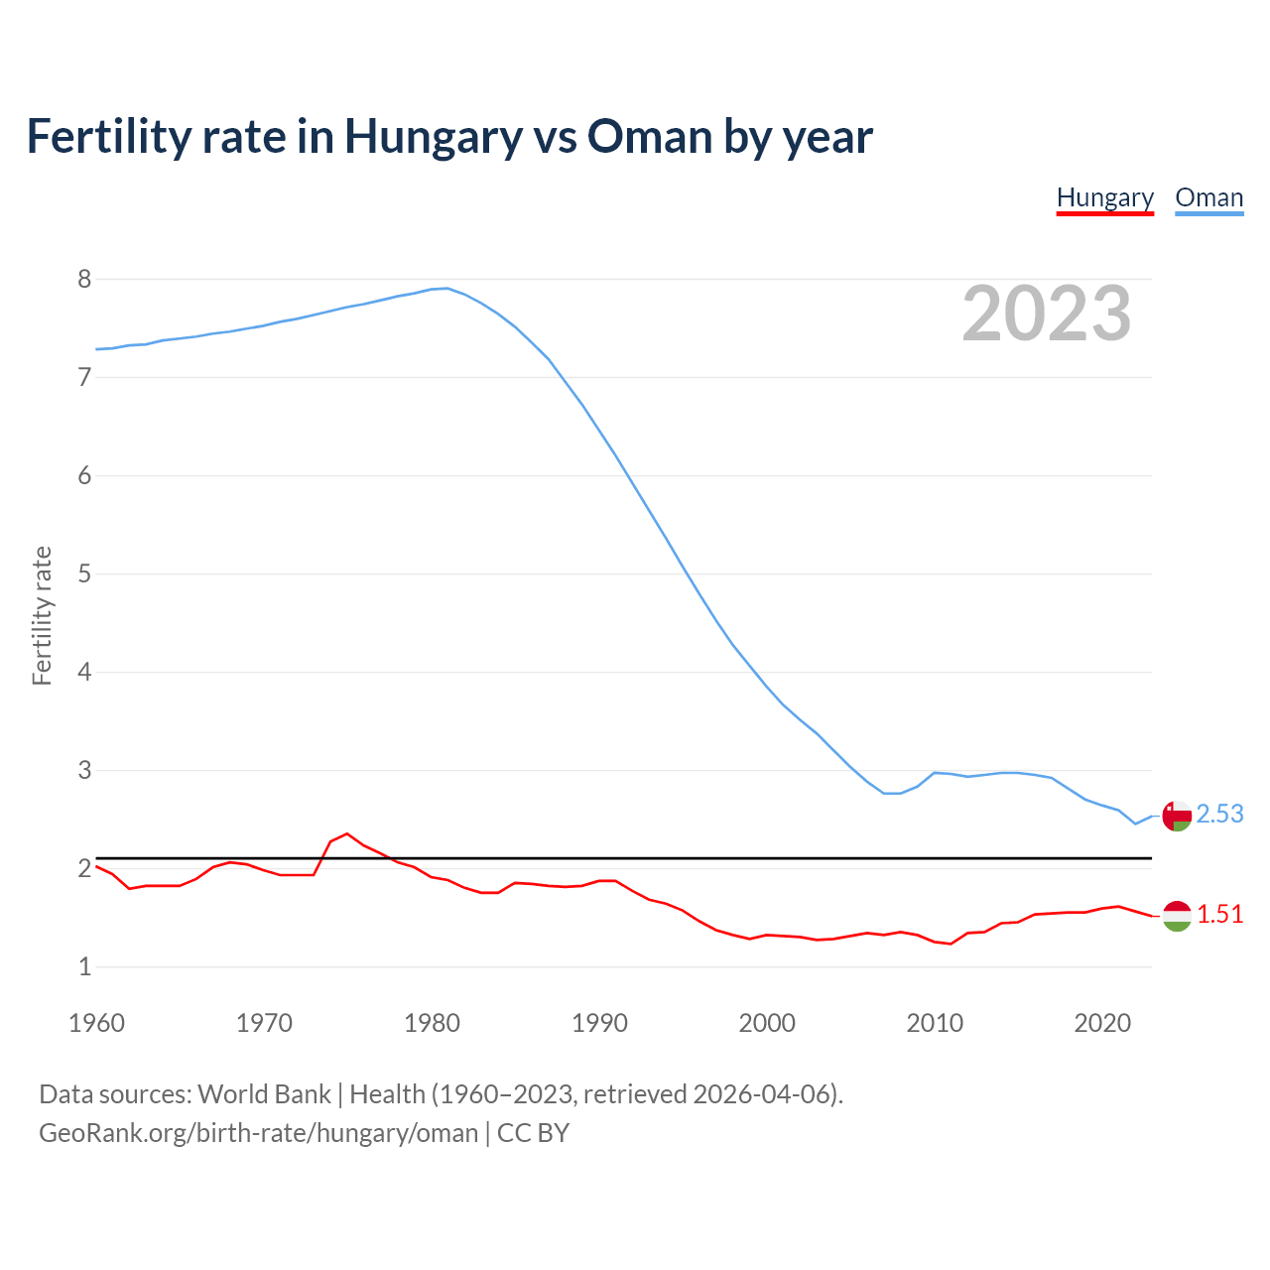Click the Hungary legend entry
1104,197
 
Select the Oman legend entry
1208,197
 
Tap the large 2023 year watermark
1046,314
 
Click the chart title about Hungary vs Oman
449,136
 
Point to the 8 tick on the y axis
84,279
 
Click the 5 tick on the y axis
84,573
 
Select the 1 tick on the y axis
84,966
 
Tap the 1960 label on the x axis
96,1023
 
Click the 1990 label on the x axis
599,1023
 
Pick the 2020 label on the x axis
1102,1023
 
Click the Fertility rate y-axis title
42,615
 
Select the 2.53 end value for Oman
1219,814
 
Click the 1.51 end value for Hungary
1219,914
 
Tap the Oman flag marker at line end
1177,817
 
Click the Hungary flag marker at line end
1177,916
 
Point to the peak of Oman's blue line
447,288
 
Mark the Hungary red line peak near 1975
346,833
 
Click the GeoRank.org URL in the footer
258,1133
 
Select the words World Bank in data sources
264,1094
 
